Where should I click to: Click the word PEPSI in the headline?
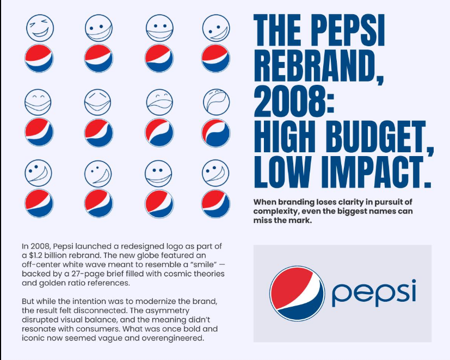[348, 30]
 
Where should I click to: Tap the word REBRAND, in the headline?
[319, 67]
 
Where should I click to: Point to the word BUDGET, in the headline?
[379, 138]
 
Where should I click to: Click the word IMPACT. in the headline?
[375, 172]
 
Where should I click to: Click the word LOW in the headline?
[283, 172]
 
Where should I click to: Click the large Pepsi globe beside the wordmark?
[297, 293]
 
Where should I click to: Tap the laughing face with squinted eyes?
[40, 28]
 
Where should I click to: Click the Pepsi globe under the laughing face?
[39, 58]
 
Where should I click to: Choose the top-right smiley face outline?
[216, 28]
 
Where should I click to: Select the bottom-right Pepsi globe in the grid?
[216, 204]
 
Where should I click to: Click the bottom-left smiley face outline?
[38, 173]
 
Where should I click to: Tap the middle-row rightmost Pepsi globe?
[216, 133]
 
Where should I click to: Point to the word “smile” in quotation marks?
[204, 264]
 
